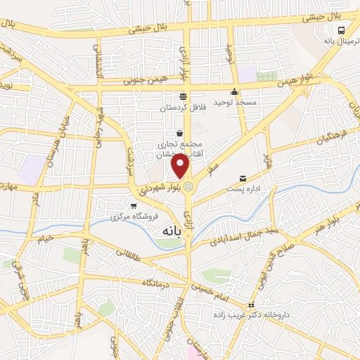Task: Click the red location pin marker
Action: (x=181, y=166)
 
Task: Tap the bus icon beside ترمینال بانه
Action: (x=341, y=30)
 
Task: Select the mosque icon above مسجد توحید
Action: (x=234, y=92)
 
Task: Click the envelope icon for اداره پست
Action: (x=243, y=179)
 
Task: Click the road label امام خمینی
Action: (x=214, y=287)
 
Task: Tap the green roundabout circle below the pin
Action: (x=187, y=186)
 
